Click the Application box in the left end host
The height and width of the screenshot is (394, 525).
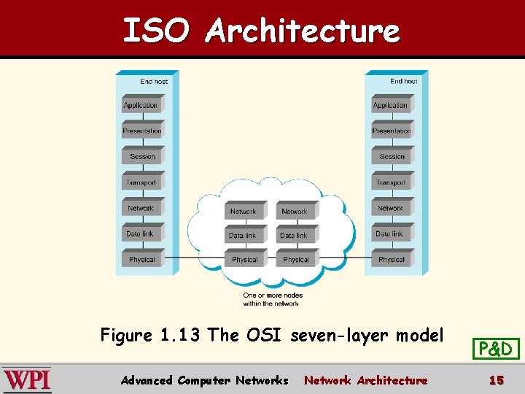pos(141,105)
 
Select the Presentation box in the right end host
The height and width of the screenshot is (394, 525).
pos(392,131)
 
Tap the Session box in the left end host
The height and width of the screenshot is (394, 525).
pos(142,156)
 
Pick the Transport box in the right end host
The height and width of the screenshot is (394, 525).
pos(392,182)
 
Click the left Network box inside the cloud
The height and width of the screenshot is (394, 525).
pos(244,212)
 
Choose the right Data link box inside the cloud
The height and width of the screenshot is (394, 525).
pos(295,236)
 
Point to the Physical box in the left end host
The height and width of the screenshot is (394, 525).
pos(142,260)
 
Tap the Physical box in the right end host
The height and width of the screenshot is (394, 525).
pos(392,260)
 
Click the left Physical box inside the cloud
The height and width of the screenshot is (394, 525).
pos(244,260)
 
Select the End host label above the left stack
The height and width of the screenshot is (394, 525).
pos(154,82)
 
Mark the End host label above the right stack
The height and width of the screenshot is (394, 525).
pos(403,82)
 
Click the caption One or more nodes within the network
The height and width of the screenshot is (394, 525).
pos(271,299)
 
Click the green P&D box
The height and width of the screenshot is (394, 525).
pos(496,349)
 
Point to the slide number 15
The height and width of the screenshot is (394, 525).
pos(496,380)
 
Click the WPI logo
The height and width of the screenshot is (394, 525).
pos(27,380)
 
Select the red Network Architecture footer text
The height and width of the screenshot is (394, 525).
pos(366,380)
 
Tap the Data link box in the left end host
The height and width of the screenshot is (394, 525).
pos(140,234)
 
